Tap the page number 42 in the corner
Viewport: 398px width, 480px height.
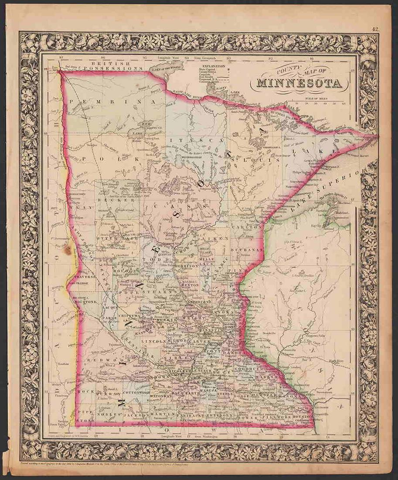[x=376, y=30]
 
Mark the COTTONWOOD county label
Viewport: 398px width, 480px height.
[x=136, y=391]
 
